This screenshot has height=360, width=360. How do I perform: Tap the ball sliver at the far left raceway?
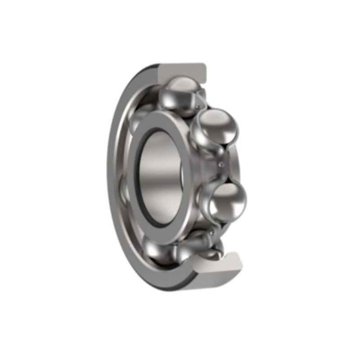tap(124, 189)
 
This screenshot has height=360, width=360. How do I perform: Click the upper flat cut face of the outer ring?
tap(182, 71)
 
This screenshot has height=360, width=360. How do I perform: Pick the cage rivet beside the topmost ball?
tap(198, 106)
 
